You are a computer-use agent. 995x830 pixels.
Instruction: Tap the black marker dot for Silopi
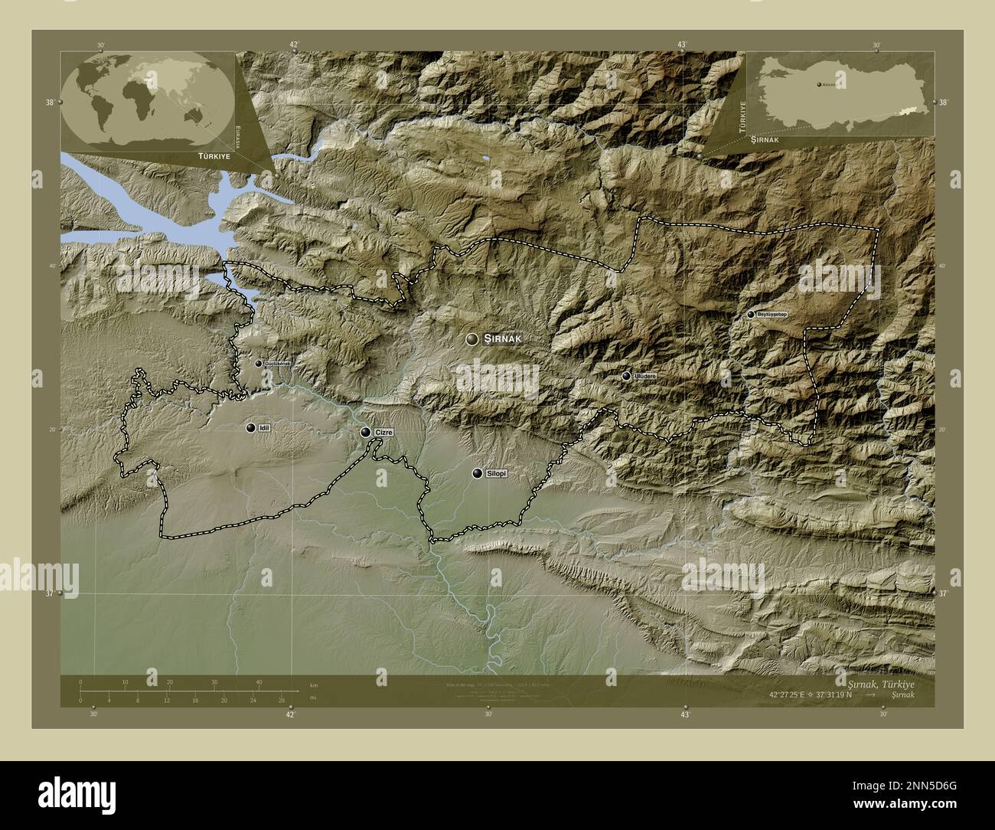[478, 474]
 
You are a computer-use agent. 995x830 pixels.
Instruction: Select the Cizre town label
[383, 433]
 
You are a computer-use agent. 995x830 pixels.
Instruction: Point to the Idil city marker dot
[250, 427]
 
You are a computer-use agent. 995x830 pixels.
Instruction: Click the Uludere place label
[645, 376]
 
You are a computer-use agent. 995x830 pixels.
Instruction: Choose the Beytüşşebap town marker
[750, 314]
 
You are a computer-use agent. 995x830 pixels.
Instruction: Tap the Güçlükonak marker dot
[259, 363]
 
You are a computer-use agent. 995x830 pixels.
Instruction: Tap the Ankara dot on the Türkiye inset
[818, 84]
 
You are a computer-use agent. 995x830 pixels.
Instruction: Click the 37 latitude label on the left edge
[50, 593]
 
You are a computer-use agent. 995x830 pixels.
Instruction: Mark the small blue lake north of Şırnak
[486, 159]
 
